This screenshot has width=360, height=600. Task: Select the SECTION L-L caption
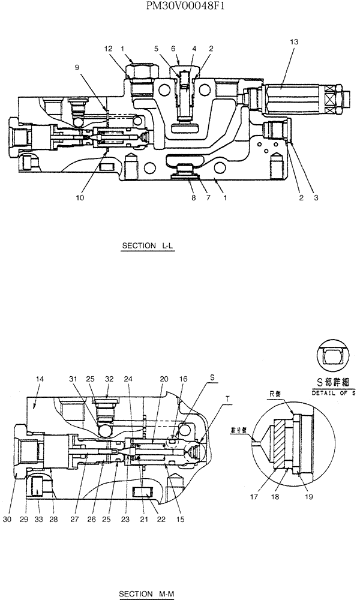tap(147, 246)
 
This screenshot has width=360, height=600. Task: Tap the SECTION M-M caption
tap(146, 594)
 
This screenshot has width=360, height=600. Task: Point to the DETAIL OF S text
tap(334, 392)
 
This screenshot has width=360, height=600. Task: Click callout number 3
tap(315, 197)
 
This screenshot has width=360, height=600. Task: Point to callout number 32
tap(109, 379)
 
